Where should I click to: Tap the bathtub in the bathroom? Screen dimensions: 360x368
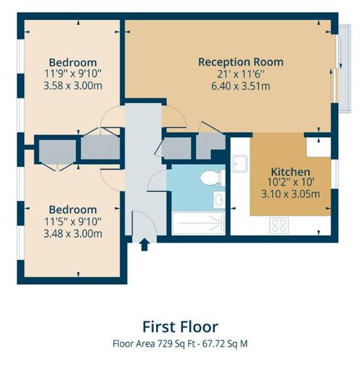(x=198, y=223)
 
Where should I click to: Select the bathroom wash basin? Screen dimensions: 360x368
(x=219, y=200)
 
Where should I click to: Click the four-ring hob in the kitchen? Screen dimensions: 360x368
(x=279, y=225)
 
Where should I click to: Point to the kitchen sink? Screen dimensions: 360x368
(x=240, y=163)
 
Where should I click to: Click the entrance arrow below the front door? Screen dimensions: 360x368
(x=144, y=244)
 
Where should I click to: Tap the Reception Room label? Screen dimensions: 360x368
(x=241, y=62)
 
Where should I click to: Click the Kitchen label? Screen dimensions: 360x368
(x=291, y=172)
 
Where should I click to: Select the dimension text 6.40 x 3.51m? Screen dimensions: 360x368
(x=241, y=86)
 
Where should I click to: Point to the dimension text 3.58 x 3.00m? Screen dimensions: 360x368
(x=73, y=85)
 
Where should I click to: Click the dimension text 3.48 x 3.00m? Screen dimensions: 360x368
(x=73, y=233)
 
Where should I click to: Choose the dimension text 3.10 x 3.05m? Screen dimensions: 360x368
(x=291, y=194)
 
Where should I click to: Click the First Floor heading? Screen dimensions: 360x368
(x=180, y=327)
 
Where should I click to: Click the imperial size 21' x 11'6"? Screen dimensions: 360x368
(x=241, y=74)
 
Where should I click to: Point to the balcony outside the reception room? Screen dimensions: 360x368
(x=344, y=68)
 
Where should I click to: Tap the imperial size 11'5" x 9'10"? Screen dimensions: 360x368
(x=73, y=221)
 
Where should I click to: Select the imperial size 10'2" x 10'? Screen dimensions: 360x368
(x=291, y=182)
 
